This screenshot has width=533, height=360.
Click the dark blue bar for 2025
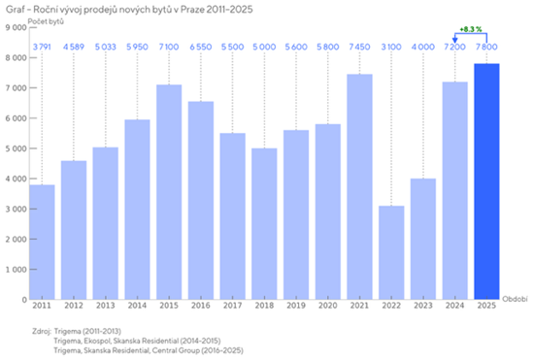485,181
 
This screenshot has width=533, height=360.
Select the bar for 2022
390,252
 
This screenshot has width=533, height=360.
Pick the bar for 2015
169,192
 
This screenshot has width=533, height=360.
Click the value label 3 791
43,47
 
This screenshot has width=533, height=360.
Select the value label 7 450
359,47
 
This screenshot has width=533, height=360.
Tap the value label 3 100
390,47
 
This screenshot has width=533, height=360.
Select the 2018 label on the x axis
264,307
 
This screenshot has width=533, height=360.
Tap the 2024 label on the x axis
454,307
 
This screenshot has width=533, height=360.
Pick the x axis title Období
514,299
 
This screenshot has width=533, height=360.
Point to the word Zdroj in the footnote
43,331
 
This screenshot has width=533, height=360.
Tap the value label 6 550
201,47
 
